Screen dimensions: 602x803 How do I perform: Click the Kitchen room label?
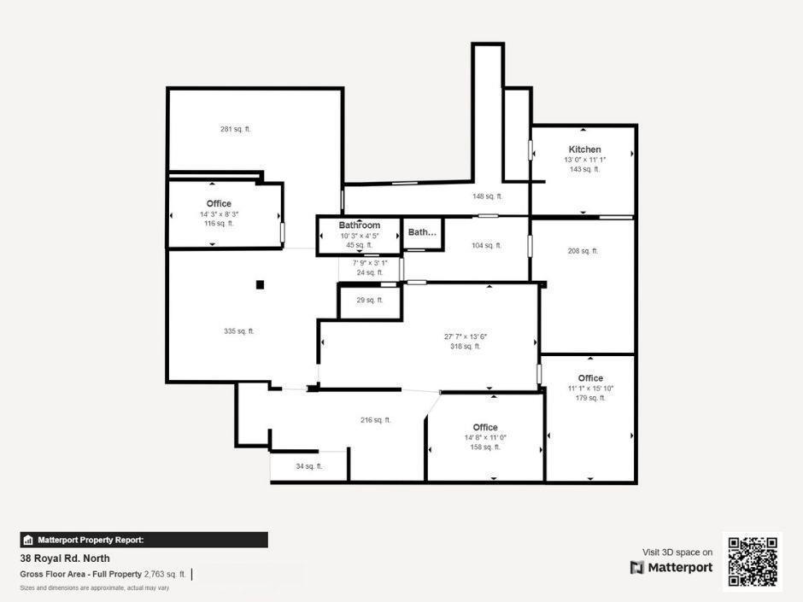click(x=584, y=149)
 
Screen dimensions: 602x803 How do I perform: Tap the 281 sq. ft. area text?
click(x=236, y=129)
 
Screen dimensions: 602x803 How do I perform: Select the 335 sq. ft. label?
click(x=239, y=330)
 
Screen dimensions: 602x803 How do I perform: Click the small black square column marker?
click(x=261, y=284)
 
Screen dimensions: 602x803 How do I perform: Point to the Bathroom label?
click(x=359, y=225)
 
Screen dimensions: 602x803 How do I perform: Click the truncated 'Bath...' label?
click(x=422, y=232)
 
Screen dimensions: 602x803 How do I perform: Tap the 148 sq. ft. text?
click(x=487, y=196)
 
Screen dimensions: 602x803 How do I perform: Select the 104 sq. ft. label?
click(x=487, y=245)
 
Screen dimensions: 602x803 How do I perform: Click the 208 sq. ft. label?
click(x=583, y=251)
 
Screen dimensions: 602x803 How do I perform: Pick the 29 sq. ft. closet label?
click(x=370, y=300)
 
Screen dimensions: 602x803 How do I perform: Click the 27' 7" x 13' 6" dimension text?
click(x=466, y=336)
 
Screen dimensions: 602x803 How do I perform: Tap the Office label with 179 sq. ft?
click(x=590, y=378)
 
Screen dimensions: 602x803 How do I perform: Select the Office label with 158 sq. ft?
click(x=485, y=428)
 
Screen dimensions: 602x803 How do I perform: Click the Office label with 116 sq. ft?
click(x=219, y=203)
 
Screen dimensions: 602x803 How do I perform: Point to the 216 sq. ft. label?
click(x=376, y=419)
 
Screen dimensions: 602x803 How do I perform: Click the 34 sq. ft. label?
click(x=308, y=466)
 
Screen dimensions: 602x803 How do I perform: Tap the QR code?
click(x=752, y=561)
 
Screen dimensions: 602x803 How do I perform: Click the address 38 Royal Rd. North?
click(x=65, y=558)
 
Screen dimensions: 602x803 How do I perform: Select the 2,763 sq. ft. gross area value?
click(x=165, y=574)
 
